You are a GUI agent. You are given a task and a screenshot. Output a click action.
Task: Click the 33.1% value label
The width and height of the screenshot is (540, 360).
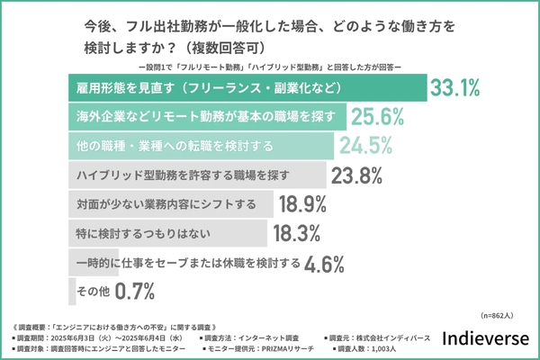[454, 89]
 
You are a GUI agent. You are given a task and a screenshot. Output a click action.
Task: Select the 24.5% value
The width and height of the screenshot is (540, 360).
[366, 145]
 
